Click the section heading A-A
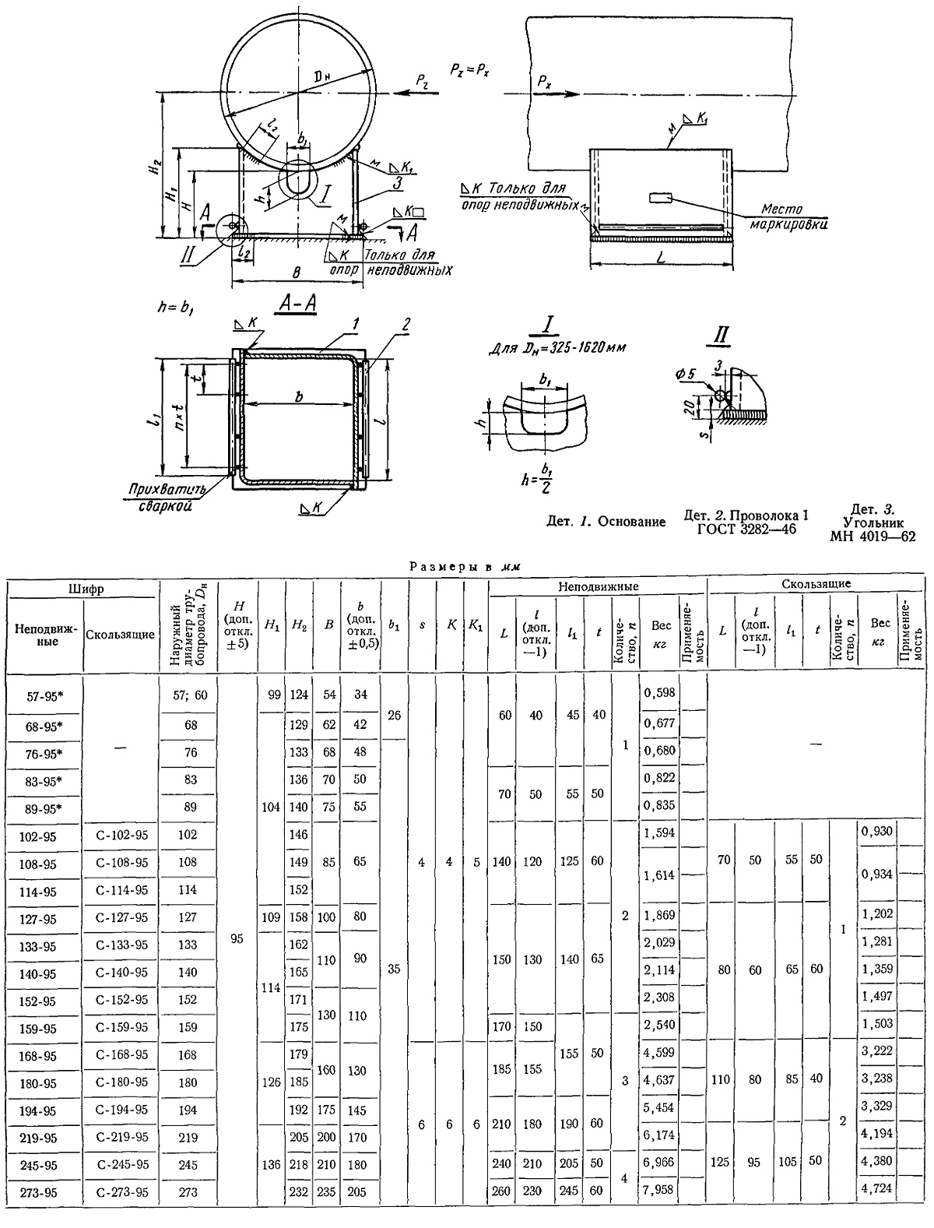[x=297, y=304]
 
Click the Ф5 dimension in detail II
[x=686, y=375]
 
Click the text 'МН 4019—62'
[x=873, y=536]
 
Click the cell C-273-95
[x=122, y=1192]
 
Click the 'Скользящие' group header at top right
[x=816, y=583]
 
